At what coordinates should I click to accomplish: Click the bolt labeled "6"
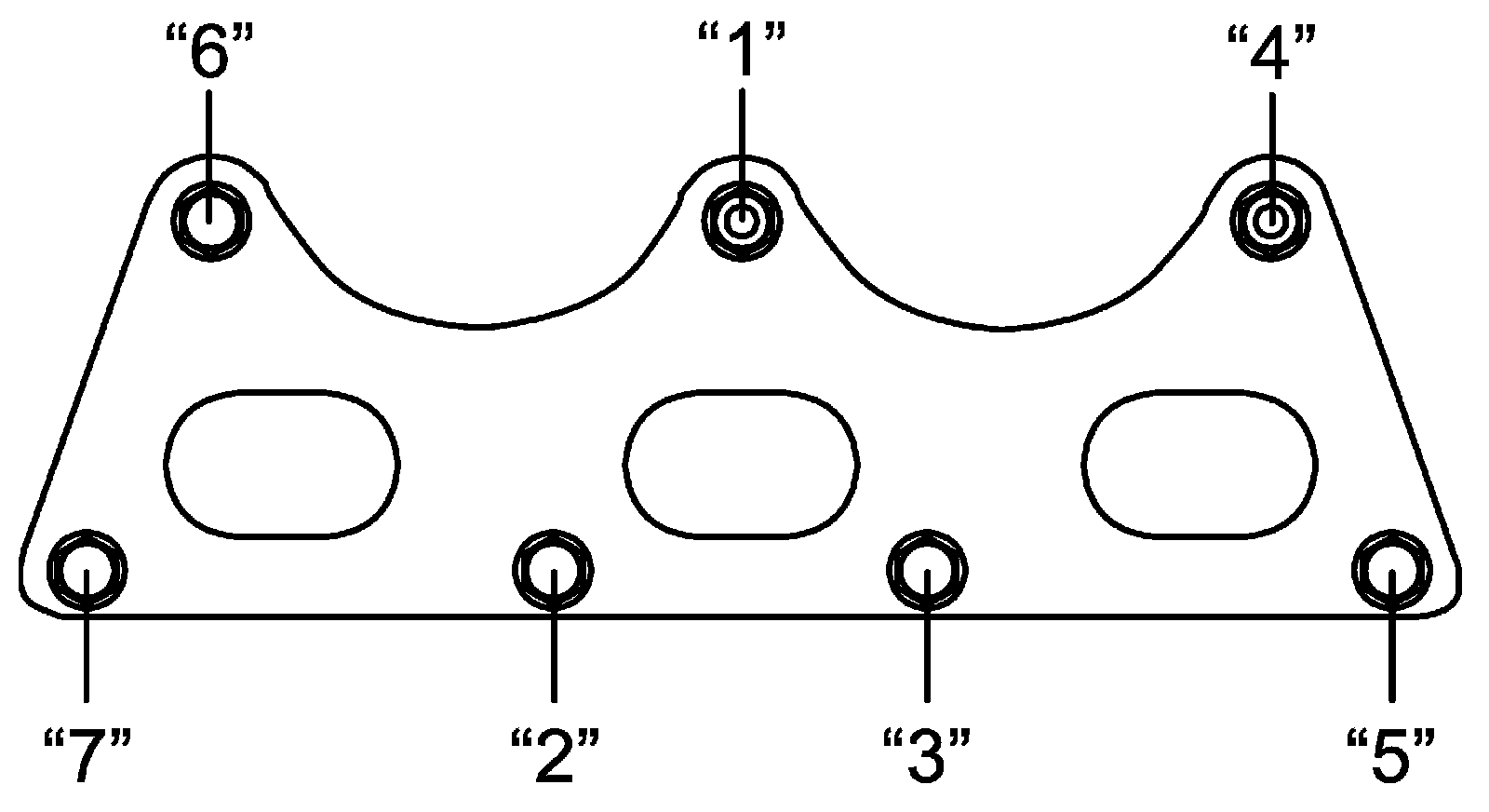pos(210,221)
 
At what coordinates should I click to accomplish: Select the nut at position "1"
pos(742,221)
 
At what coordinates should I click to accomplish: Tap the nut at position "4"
pos(1270,221)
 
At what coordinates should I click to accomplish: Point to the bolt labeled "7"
pos(86,571)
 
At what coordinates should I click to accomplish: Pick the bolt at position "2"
pos(553,571)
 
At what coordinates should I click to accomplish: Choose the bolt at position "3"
pos(928,569)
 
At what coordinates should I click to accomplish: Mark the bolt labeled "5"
pos(1391,571)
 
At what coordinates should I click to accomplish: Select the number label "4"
pos(1270,55)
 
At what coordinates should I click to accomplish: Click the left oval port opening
pos(282,463)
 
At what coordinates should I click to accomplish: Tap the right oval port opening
pos(1199,463)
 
